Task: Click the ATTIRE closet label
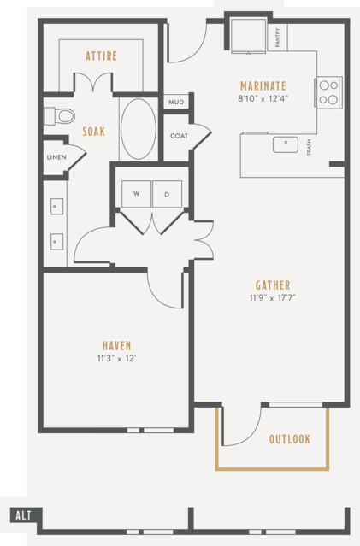(102, 56)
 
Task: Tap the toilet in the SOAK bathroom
(60, 116)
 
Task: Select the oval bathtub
(139, 129)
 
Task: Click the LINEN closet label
(56, 157)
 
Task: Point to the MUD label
(176, 102)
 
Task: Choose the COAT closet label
(179, 136)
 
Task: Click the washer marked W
(136, 194)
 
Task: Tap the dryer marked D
(167, 194)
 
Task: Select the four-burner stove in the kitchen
(328, 92)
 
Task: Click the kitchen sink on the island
(286, 144)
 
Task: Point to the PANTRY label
(278, 38)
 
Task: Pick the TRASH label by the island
(309, 147)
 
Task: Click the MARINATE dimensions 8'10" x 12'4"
(263, 98)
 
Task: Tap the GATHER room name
(273, 285)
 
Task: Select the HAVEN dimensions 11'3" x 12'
(116, 358)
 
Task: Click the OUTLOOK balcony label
(290, 439)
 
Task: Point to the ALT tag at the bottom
(23, 515)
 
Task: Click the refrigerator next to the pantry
(248, 36)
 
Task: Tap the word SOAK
(94, 132)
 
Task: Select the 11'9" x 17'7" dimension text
(273, 297)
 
